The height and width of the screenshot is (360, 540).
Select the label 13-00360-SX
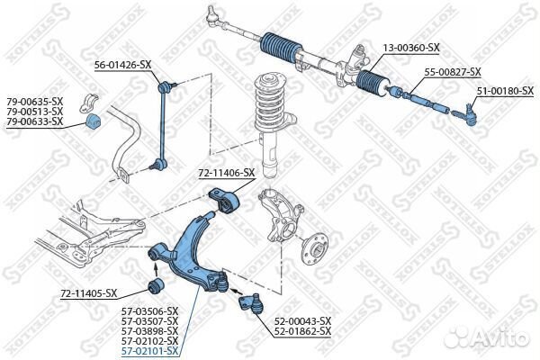point(409,47)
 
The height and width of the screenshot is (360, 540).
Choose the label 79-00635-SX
point(34,102)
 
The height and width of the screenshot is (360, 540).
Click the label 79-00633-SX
point(34,121)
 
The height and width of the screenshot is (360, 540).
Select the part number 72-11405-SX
point(89,293)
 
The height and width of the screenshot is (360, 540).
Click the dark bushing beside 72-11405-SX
point(154,286)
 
